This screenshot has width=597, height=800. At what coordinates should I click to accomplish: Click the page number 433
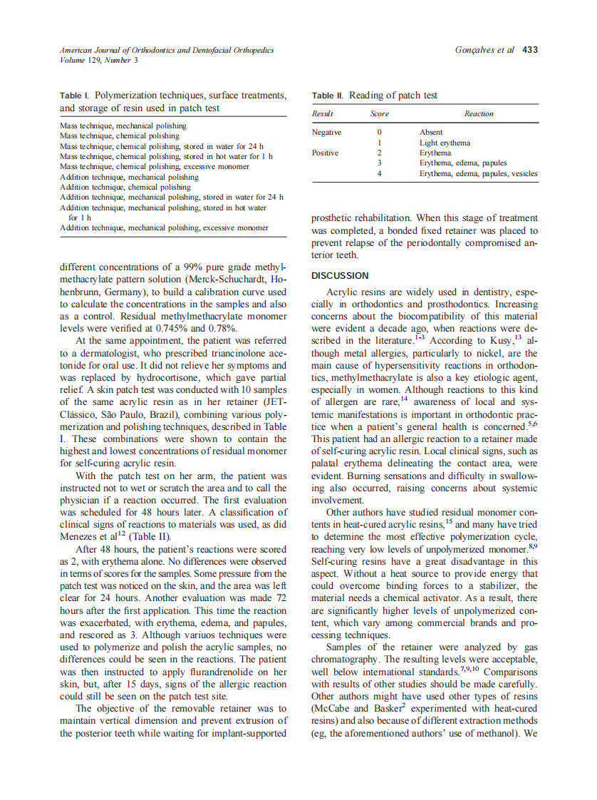(529, 50)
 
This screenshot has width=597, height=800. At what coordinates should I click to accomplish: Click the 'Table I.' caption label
(75, 96)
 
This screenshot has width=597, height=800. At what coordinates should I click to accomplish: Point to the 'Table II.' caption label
(328, 96)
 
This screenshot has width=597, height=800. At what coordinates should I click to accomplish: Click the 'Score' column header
(379, 114)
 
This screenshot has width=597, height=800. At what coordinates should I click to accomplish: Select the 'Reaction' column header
(478, 114)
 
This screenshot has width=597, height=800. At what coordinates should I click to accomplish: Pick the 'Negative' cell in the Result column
(326, 132)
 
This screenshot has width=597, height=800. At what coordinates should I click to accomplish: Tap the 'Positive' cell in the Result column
(325, 153)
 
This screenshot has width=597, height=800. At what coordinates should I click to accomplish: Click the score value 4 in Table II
(379, 173)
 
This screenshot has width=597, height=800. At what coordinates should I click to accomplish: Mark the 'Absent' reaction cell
(431, 132)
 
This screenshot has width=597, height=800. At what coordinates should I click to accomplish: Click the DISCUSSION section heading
(340, 275)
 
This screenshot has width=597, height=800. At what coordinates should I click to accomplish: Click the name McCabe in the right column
(331, 708)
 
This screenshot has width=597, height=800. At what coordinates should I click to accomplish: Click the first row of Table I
(123, 125)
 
